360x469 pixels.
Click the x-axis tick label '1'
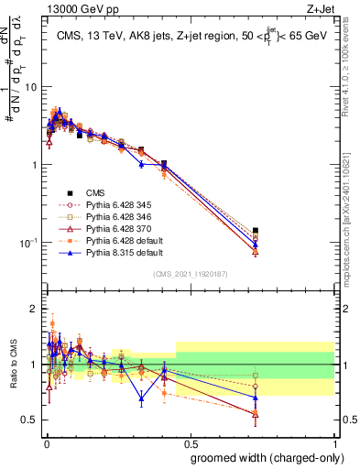tap(335, 442)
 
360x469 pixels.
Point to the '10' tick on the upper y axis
tap(29, 87)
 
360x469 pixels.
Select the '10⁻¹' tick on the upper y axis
tap(27, 243)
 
